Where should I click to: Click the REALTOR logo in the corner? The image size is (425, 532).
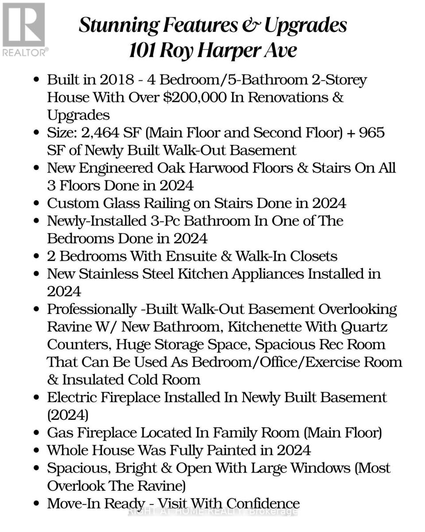pyautogui.click(x=24, y=29)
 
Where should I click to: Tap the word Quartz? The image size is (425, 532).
pyautogui.click(x=364, y=327)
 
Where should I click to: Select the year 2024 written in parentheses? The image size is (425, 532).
pyautogui.click(x=68, y=415)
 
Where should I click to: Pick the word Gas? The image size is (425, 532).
pyautogui.click(x=60, y=433)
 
